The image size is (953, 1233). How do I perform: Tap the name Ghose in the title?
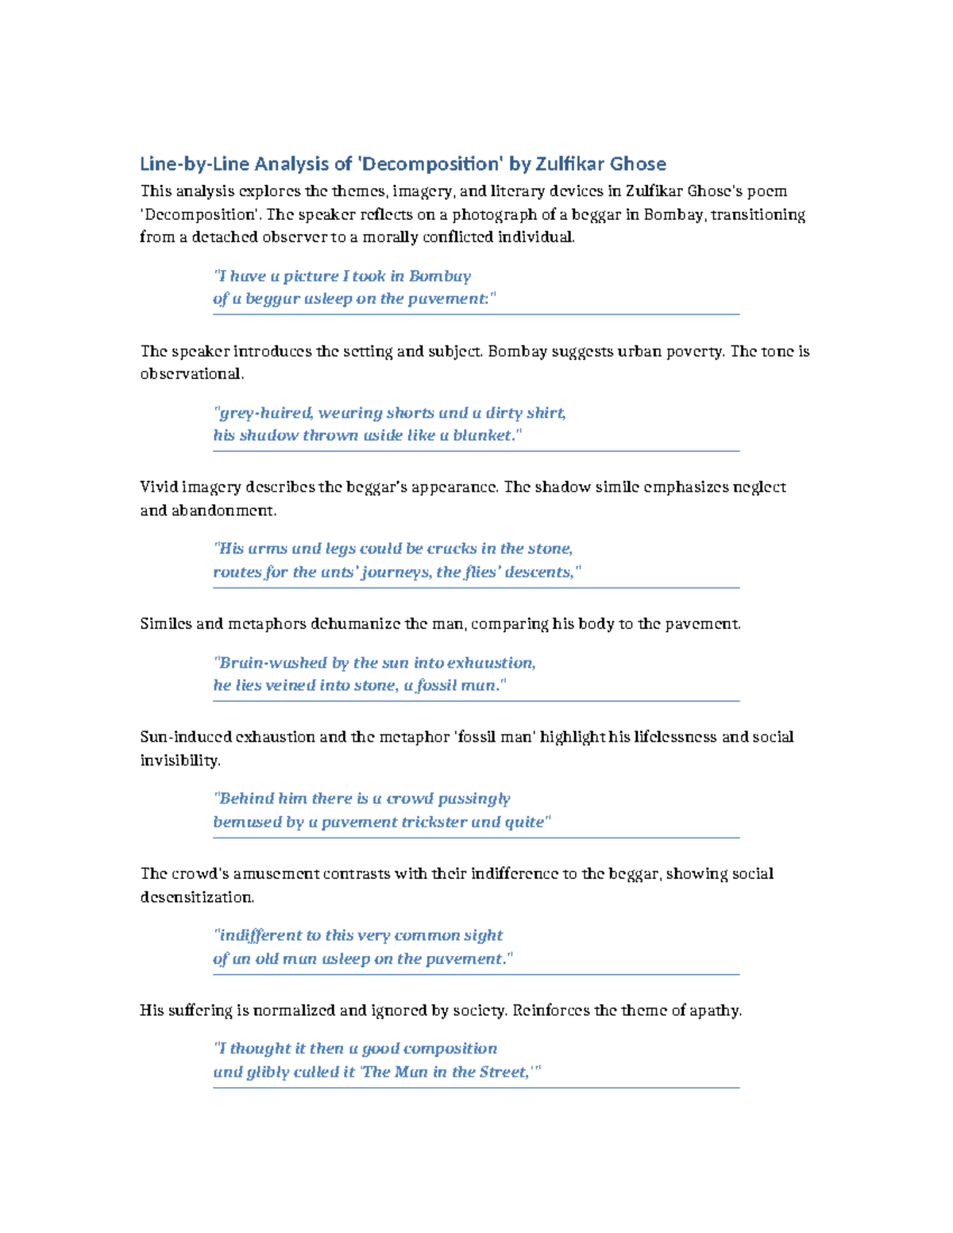pyautogui.click(x=639, y=164)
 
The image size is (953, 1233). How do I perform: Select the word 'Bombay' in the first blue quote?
pyautogui.click(x=440, y=276)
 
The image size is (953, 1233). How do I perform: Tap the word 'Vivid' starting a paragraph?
pyautogui.click(x=159, y=487)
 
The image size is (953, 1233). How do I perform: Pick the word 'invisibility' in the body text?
pyautogui.click(x=179, y=761)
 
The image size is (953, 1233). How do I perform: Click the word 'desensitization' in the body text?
pyautogui.click(x=196, y=897)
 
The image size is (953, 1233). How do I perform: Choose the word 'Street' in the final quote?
pyautogui.click(x=501, y=1072)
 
